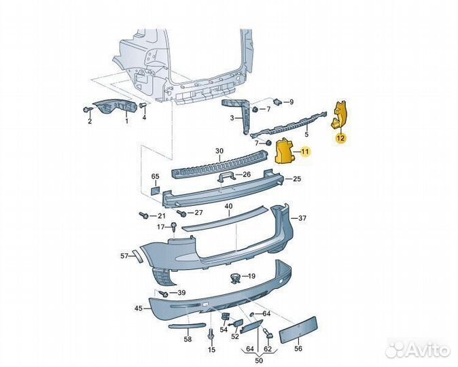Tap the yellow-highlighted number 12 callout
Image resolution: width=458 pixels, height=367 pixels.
[x=340, y=138]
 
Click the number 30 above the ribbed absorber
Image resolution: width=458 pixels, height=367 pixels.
[x=219, y=151]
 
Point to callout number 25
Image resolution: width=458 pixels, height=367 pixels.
[x=296, y=179]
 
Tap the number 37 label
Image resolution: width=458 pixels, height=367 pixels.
[x=302, y=218]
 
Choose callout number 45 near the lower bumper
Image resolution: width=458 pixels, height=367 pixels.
[x=138, y=308]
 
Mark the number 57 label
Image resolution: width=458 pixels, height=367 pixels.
[x=124, y=256]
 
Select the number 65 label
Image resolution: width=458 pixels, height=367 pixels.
[x=155, y=177]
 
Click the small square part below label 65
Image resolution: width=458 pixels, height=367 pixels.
[x=154, y=192]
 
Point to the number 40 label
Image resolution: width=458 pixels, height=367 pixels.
[x=228, y=206]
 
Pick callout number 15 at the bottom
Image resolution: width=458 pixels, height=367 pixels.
[x=211, y=349]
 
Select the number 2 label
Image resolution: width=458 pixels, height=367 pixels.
[x=89, y=122]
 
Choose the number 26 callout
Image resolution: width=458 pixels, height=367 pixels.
[x=246, y=174]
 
